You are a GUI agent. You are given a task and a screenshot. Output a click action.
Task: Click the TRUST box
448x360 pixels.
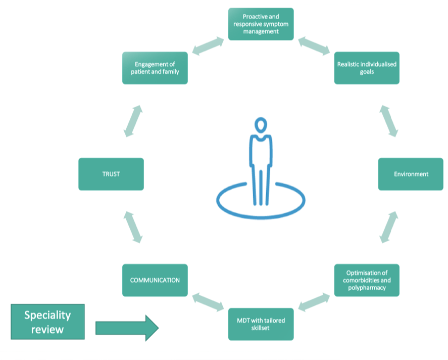tap(111, 174)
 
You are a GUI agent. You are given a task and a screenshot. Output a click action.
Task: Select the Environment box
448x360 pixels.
tap(411, 174)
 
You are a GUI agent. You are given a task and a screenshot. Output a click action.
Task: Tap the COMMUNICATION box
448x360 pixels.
tap(155, 280)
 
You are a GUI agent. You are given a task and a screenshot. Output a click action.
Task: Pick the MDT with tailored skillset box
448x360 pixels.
tap(261, 324)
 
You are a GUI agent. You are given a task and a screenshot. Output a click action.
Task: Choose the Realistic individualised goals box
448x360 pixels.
tap(367, 68)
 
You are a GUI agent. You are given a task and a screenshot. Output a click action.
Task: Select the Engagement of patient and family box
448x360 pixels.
tap(155, 68)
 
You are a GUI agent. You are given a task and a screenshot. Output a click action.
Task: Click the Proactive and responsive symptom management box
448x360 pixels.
tap(261, 24)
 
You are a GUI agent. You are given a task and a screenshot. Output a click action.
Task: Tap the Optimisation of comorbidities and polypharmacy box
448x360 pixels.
tap(367, 280)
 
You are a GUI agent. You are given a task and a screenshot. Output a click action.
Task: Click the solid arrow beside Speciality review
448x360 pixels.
tap(127, 328)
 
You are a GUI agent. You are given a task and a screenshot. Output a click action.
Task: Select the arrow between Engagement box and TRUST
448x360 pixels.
tap(133, 121)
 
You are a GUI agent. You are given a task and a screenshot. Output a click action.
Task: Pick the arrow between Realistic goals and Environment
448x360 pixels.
tap(389, 121)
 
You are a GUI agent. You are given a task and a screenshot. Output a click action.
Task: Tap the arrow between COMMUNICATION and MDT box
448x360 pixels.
tap(208, 302)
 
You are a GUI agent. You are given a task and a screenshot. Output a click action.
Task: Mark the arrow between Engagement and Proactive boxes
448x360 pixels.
tap(208, 46)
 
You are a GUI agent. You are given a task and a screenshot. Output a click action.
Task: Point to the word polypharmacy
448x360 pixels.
tap(367, 288)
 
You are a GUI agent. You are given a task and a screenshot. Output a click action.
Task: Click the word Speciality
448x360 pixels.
tap(48, 315)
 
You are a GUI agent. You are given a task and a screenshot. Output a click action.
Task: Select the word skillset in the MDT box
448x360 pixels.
tap(261, 328)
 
